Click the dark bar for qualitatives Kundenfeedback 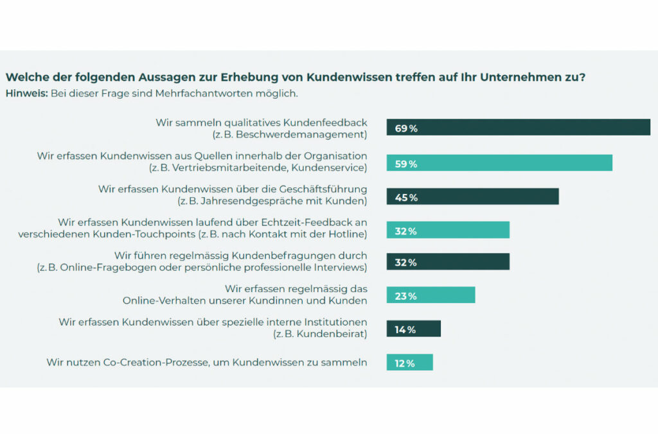518,127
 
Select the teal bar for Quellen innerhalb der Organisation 499,163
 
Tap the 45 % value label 405,197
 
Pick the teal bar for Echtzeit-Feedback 448,230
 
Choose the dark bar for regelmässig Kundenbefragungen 448,262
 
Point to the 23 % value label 405,296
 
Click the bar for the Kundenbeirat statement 414,329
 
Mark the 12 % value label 405,363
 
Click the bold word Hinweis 26,93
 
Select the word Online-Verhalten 161,300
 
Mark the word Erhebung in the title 242,77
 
